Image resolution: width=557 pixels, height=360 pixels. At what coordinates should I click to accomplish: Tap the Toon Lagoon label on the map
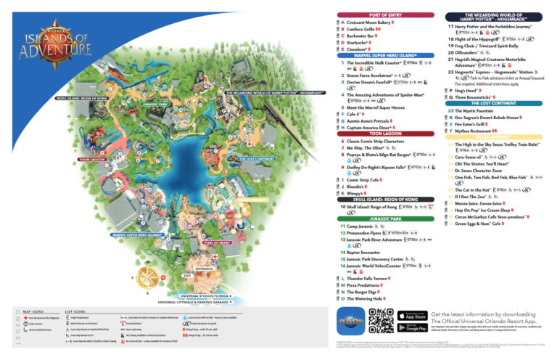92,159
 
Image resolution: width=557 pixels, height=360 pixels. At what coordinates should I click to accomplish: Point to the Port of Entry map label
217,242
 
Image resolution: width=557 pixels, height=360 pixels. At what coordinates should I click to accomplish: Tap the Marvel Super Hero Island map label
136,234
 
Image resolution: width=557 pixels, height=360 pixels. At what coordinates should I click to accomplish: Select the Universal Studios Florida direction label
205,296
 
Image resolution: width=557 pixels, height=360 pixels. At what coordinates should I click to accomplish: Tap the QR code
381,321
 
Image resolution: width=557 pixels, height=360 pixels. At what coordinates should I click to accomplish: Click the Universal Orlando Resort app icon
351,321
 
